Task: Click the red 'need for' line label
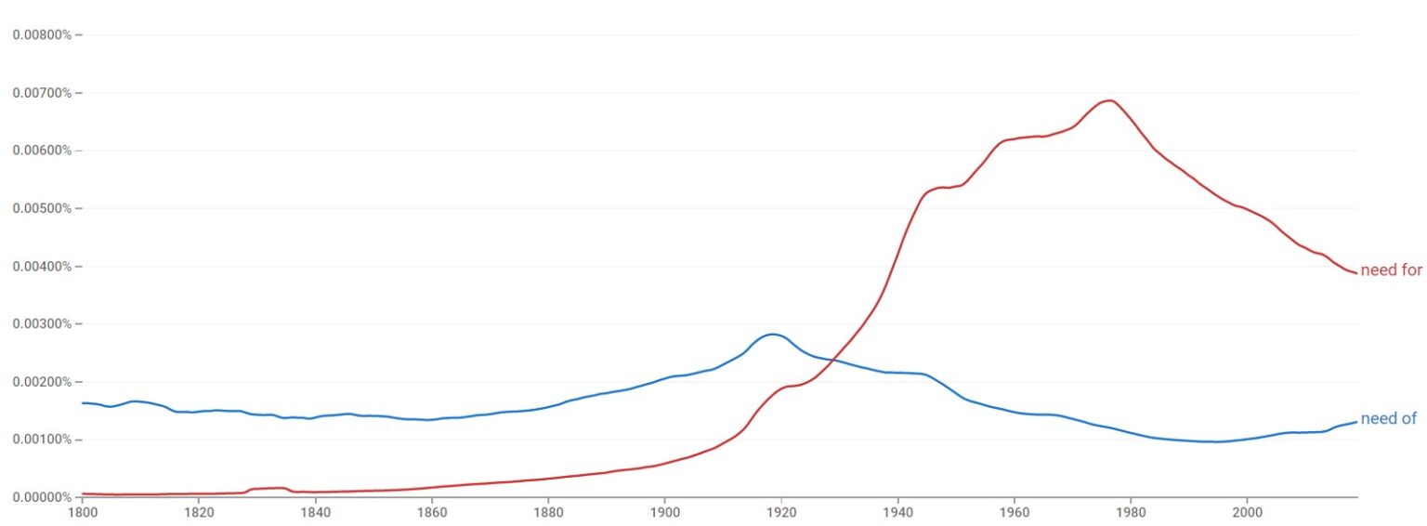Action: [x=1391, y=271]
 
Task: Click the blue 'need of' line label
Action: [x=1388, y=419]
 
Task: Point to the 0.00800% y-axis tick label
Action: [x=42, y=35]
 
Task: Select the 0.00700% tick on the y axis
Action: [x=42, y=93]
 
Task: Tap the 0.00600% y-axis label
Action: [x=42, y=151]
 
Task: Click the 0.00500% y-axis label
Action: [x=42, y=208]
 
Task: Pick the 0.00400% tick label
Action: [x=42, y=267]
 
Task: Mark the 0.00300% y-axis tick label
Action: [x=42, y=324]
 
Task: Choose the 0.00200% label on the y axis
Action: [x=42, y=382]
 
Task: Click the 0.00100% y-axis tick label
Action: [x=42, y=440]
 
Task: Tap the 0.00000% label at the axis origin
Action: [x=42, y=497]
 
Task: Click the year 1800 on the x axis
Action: [x=83, y=511]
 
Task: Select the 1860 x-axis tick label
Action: [x=431, y=511]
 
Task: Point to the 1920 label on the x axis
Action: [x=780, y=511]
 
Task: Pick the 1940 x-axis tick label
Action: [x=897, y=511]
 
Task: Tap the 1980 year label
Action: [x=1130, y=511]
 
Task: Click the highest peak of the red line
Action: [x=1108, y=100]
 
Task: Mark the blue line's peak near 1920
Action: [x=772, y=334]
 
